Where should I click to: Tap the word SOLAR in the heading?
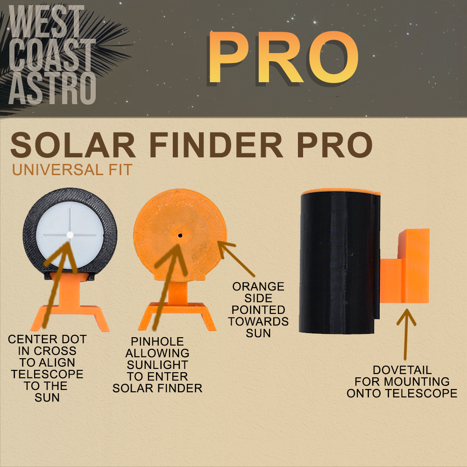(73, 145)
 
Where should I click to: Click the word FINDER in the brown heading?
(216, 145)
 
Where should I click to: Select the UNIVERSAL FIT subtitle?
(72, 170)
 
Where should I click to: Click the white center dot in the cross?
(70, 235)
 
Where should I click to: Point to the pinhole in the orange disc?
(180, 235)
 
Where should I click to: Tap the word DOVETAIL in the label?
(402, 370)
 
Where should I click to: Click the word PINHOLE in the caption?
(157, 341)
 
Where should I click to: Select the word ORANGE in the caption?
(258, 287)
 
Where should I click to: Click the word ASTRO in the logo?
(52, 88)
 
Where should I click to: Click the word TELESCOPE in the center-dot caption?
(47, 374)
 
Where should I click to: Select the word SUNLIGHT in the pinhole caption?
(157, 365)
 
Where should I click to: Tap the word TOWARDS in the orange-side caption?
(258, 322)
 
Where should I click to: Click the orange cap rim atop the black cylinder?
(341, 191)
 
